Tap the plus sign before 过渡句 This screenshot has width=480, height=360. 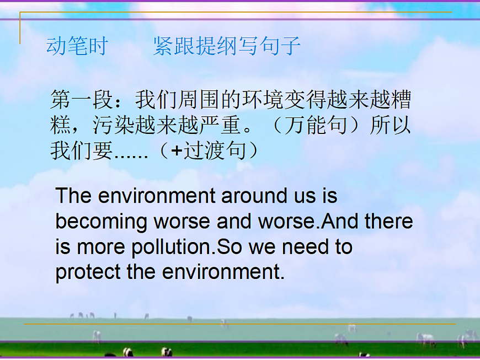point(176,152)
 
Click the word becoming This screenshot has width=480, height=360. point(102,222)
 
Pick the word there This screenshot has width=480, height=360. point(389,222)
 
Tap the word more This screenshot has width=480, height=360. point(100,247)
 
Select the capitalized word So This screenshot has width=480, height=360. point(229,247)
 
